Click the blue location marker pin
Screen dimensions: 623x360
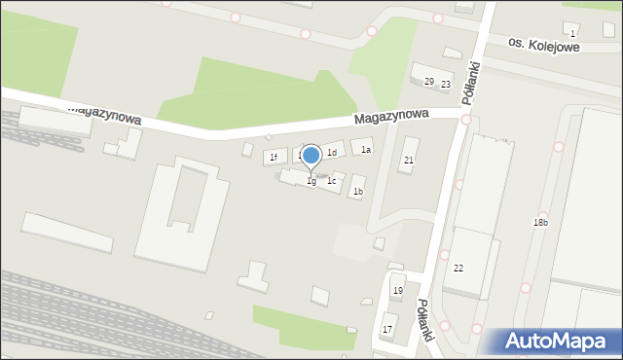[311, 156]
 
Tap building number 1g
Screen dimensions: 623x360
[311, 181]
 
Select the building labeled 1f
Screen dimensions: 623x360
[274, 157]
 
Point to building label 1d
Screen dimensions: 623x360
[332, 153]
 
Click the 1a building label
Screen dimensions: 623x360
[366, 150]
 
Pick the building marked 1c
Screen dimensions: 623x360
[332, 180]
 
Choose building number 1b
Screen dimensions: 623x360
[358, 192]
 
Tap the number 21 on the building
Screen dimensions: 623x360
[409, 160]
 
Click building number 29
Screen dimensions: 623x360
[428, 81]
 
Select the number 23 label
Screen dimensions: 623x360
[445, 85]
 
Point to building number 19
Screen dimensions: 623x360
[397, 291]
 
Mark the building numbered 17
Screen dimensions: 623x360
[387, 330]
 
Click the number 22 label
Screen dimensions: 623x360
[458, 268]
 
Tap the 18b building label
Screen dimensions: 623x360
[540, 223]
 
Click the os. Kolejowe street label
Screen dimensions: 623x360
[549, 46]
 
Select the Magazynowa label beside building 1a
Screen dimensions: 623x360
[392, 117]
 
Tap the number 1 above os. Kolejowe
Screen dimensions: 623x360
[572, 34]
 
